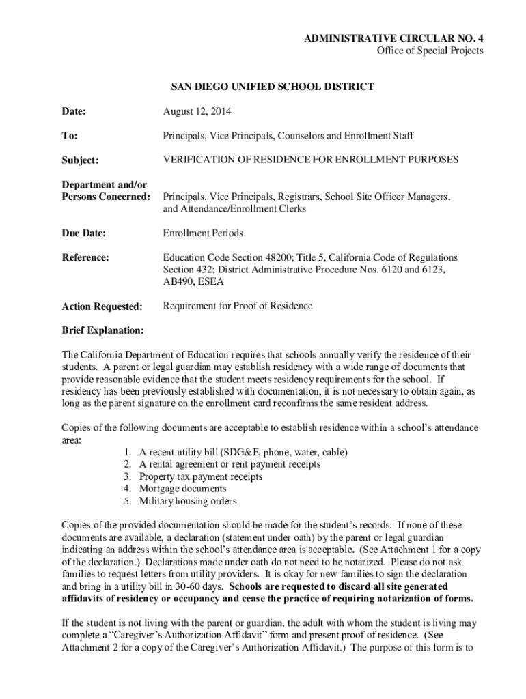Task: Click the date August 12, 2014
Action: tap(193, 111)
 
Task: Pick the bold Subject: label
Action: tap(81, 160)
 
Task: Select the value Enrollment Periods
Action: tap(203, 233)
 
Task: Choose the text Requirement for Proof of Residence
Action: tap(237, 306)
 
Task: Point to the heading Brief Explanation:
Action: tap(102, 331)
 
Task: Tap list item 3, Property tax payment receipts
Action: tap(200, 476)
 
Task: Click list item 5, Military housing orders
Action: tap(188, 501)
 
